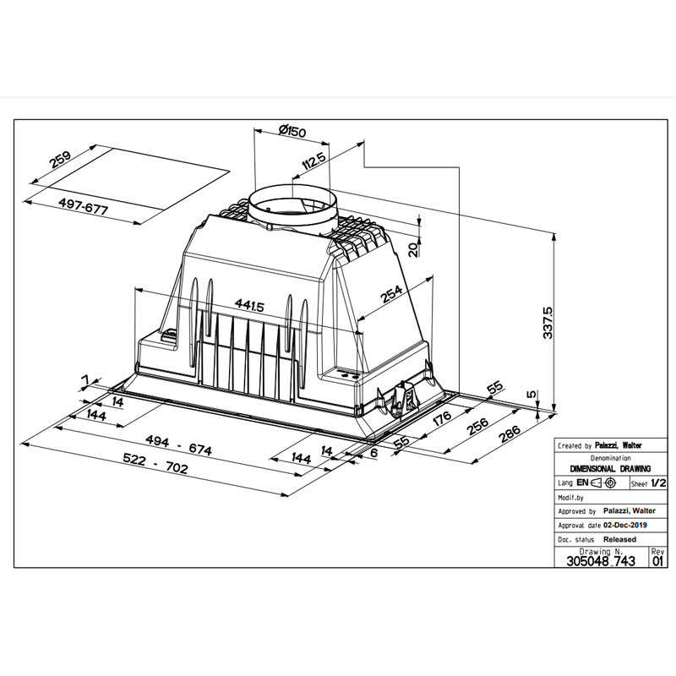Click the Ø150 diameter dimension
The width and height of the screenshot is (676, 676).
click(x=292, y=131)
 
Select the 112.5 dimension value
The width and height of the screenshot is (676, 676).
click(x=313, y=161)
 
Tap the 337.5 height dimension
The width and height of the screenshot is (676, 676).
click(x=548, y=323)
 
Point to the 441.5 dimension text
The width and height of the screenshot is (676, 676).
click(x=249, y=305)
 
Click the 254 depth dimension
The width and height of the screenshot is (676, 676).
click(x=391, y=294)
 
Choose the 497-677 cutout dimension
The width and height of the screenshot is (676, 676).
click(x=83, y=206)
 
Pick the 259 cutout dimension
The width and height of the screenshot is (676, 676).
click(x=60, y=159)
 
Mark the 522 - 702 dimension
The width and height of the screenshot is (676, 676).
click(x=155, y=462)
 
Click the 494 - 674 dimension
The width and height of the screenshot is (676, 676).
click(x=178, y=445)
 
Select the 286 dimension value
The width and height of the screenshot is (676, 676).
click(x=510, y=434)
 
